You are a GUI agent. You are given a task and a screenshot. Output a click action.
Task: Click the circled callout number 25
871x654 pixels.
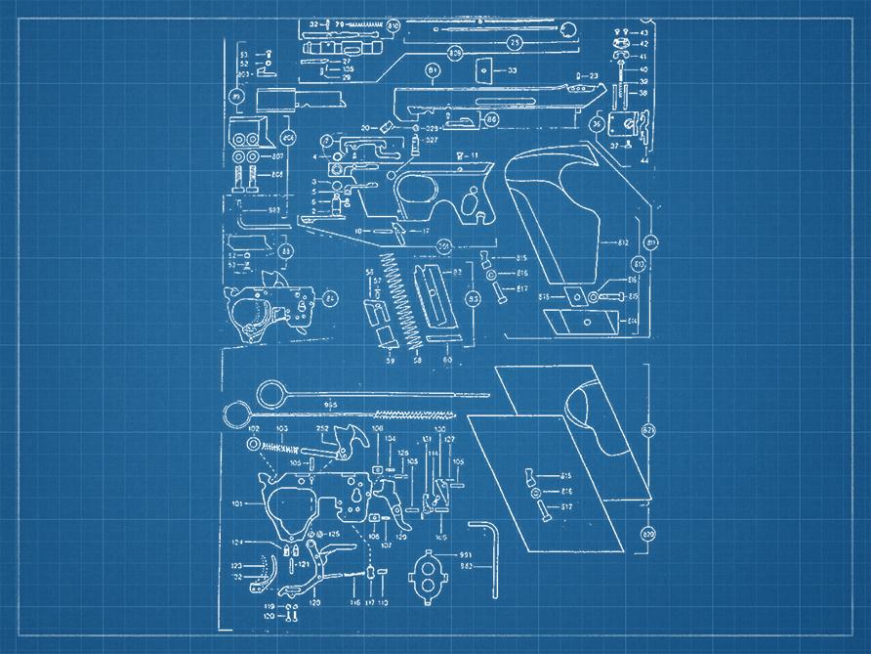click(514, 43)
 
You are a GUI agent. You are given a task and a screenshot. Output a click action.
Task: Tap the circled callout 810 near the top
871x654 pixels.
click(394, 25)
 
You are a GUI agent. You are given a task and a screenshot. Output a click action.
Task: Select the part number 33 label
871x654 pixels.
click(512, 70)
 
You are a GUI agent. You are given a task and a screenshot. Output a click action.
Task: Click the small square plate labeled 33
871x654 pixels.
click(482, 69)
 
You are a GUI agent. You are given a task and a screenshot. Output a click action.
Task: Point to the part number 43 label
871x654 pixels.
click(643, 33)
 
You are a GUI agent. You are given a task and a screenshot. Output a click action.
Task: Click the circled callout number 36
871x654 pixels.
click(597, 124)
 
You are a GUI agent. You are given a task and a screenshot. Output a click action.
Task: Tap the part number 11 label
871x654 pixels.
click(474, 156)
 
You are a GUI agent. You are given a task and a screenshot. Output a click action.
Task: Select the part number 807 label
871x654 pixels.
click(277, 156)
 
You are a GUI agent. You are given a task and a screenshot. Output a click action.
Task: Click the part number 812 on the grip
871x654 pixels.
click(621, 241)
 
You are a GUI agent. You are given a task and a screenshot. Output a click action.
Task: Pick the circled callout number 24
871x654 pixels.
click(330, 298)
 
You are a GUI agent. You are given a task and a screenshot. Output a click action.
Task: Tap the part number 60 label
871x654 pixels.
click(446, 361)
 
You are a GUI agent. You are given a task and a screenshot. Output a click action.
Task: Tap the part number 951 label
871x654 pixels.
click(466, 554)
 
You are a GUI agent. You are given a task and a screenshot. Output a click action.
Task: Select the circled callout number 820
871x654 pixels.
click(646, 534)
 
